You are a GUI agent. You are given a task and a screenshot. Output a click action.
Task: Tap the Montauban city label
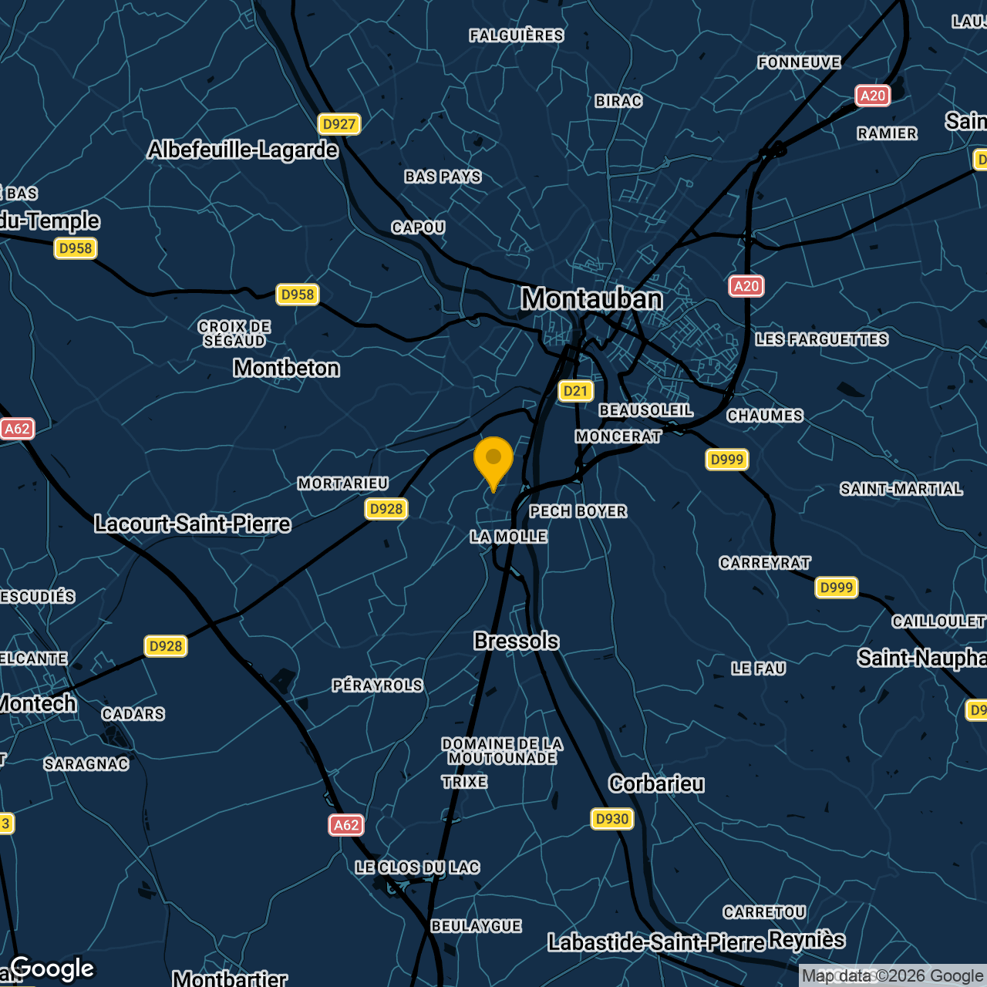pyautogui.click(x=591, y=299)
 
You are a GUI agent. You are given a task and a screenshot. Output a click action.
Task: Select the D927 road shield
pyautogui.click(x=339, y=124)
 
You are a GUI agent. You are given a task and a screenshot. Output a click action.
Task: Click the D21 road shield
pyautogui.click(x=575, y=391)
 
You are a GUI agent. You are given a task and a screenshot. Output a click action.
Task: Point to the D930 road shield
pyautogui.click(x=612, y=819)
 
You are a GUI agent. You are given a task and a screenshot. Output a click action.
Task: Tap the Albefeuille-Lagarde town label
pyautogui.click(x=243, y=150)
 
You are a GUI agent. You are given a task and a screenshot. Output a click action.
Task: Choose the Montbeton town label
pyautogui.click(x=286, y=369)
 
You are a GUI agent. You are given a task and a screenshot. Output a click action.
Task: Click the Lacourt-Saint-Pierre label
pyautogui.click(x=193, y=524)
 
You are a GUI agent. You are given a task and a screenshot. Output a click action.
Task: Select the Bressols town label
pyautogui.click(x=516, y=642)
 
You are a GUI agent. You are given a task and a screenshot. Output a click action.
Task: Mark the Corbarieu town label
pyautogui.click(x=656, y=784)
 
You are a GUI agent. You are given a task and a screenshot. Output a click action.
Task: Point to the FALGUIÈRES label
pyautogui.click(x=517, y=35)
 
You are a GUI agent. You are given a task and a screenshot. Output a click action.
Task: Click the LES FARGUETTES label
pyautogui.click(x=822, y=339)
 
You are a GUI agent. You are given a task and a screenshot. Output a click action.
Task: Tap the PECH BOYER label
pyautogui.click(x=578, y=511)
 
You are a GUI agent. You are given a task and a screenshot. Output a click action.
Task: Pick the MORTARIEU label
pyautogui.click(x=343, y=483)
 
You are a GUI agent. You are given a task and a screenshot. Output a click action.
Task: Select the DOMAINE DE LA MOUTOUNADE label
pyautogui.click(x=502, y=751)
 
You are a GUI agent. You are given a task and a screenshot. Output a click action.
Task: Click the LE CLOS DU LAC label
pyautogui.click(x=417, y=867)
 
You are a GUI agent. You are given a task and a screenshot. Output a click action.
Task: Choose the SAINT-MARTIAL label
pyautogui.click(x=901, y=489)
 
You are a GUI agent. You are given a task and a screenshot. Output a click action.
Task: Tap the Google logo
pyautogui.click(x=52, y=968)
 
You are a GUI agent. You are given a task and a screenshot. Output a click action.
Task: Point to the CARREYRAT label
pyautogui.click(x=765, y=563)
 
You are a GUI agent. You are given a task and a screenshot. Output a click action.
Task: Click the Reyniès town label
pyautogui.click(x=807, y=940)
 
